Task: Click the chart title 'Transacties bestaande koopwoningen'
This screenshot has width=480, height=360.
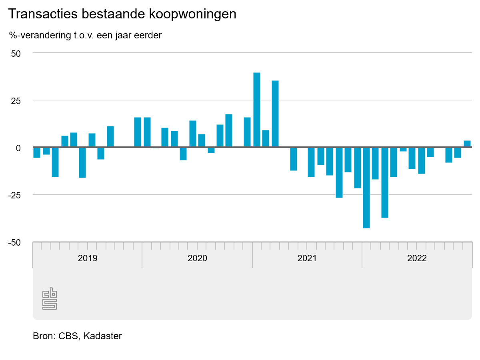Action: [122, 14]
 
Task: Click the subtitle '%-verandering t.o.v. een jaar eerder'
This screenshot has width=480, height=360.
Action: [85, 35]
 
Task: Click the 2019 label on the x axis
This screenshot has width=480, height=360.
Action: [87, 258]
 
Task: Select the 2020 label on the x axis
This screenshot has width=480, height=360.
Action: [197, 258]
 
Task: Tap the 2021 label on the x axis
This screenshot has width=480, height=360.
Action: [307, 258]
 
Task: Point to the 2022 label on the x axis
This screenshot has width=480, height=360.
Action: [417, 258]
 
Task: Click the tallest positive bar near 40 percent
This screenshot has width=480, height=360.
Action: [257, 110]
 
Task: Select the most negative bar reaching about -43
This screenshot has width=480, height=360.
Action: [366, 188]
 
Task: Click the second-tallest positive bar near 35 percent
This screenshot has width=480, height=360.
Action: [275, 114]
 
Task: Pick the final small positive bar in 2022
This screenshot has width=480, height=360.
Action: [467, 144]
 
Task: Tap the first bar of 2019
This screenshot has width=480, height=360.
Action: [37, 152]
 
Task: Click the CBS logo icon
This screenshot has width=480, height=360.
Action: [50, 299]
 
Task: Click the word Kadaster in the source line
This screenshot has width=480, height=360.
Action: [103, 336]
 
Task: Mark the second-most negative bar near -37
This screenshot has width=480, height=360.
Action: [385, 182]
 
